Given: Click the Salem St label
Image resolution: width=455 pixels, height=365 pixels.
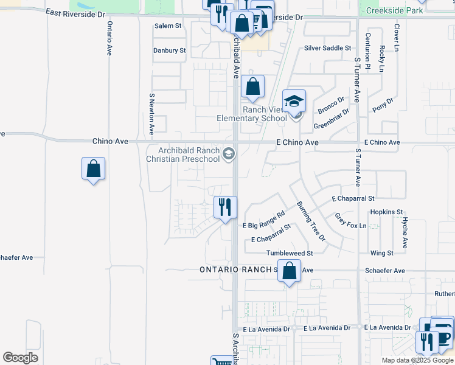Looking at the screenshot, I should [168, 26].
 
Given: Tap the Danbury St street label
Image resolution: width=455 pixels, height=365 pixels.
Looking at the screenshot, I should [169, 50].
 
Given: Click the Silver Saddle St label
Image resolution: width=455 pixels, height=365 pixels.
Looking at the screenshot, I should [328, 47].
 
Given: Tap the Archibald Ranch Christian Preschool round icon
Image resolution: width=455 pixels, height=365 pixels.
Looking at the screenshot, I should [229, 155].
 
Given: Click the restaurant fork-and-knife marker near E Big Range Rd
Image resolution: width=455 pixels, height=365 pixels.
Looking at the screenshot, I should [225, 207].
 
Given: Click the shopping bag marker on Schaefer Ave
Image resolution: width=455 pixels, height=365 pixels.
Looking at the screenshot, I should [290, 271].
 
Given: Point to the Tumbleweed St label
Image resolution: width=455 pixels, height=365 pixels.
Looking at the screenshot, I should [290, 253].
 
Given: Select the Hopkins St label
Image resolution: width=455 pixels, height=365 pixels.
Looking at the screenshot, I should [387, 212].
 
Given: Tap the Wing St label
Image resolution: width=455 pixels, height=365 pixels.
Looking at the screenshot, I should [382, 252].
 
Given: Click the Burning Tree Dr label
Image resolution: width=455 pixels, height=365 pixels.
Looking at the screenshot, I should [311, 221].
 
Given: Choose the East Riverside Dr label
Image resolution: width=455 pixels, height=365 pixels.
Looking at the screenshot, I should [71, 13].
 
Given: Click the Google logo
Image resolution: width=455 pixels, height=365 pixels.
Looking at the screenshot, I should [20, 358].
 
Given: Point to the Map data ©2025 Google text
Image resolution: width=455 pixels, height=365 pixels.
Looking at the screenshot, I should [417, 360].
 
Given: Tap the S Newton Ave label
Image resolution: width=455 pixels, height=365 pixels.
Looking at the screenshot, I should [151, 114].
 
